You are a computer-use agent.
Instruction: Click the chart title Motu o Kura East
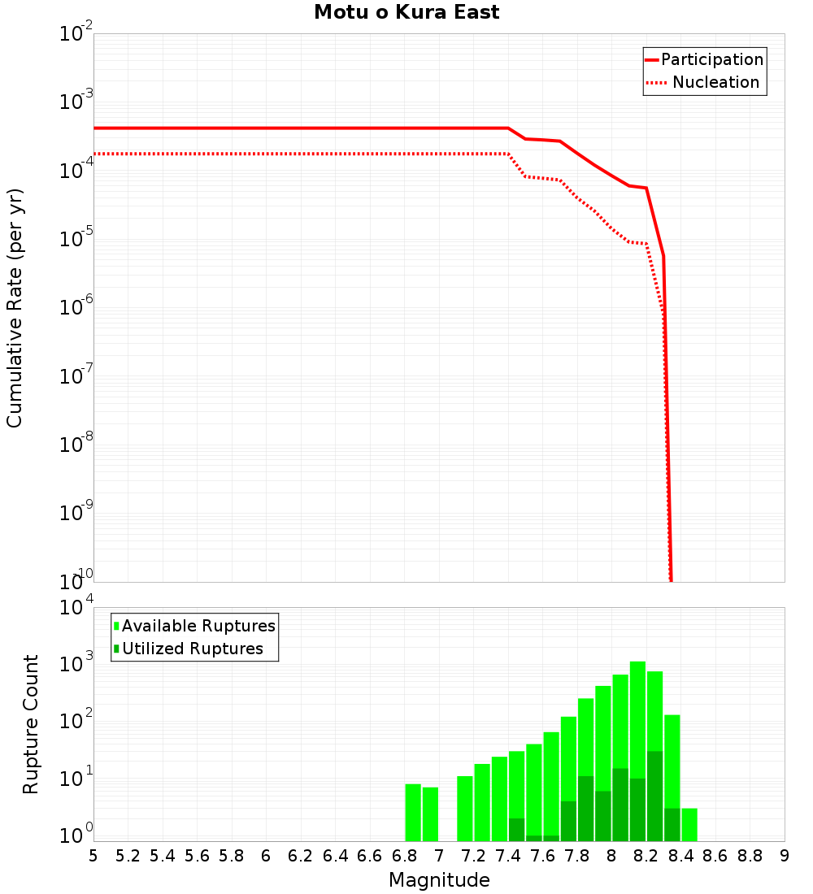(406, 13)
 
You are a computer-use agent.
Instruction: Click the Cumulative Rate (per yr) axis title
(15, 308)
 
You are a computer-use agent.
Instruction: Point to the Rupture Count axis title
(31, 724)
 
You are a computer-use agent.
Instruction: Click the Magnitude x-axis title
(439, 880)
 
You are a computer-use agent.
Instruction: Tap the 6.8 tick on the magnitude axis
(404, 856)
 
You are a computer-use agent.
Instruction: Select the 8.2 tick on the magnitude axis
(646, 856)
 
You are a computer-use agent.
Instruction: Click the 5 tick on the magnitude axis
(93, 856)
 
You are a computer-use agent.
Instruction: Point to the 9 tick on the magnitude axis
(785, 856)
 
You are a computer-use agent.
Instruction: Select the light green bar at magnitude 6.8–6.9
(413, 813)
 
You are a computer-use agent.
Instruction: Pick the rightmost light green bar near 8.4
(689, 825)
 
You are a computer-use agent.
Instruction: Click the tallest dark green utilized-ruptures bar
(654, 796)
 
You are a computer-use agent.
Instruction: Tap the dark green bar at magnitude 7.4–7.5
(516, 830)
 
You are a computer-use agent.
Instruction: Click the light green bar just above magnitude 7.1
(465, 809)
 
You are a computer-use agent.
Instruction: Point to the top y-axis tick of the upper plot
(76, 34)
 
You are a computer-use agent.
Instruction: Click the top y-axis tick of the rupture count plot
(76, 608)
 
